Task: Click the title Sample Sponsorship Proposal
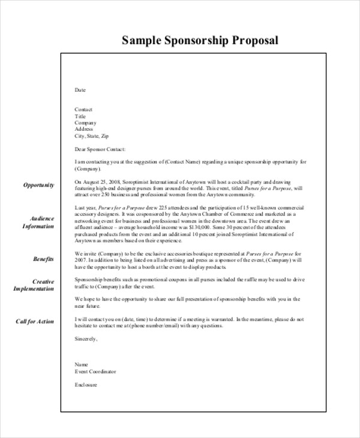click(x=200, y=41)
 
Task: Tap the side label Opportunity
click(x=39, y=185)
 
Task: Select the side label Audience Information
click(x=38, y=222)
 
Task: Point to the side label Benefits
click(x=43, y=259)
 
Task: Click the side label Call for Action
click(x=34, y=322)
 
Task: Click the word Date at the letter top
click(x=80, y=90)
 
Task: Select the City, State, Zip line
click(x=91, y=136)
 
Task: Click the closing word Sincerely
click(x=86, y=338)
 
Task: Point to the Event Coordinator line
click(x=95, y=372)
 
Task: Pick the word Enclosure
click(x=85, y=385)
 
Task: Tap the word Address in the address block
click(x=83, y=130)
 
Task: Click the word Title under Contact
click(x=80, y=116)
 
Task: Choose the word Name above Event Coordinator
click(x=81, y=365)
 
